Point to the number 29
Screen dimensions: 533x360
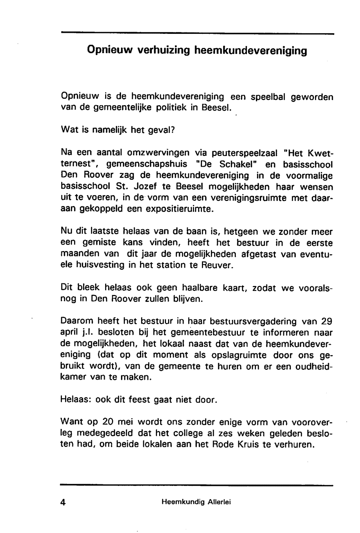click(x=327, y=321)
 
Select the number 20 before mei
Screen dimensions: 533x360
click(x=109, y=422)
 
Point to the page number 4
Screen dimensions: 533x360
click(x=63, y=502)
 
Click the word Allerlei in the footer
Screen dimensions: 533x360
click(x=219, y=502)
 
